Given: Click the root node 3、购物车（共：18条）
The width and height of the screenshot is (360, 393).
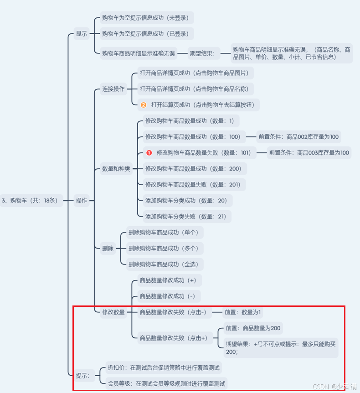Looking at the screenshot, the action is tap(31, 200).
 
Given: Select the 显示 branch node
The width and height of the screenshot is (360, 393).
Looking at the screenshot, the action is tap(82, 34).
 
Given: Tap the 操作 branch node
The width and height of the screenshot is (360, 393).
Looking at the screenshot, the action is tap(82, 200).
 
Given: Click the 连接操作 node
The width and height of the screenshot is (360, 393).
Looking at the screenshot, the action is tap(113, 89).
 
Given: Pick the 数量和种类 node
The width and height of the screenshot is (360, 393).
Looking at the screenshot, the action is tap(116, 169).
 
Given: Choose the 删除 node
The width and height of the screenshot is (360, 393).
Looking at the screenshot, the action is tap(108, 248).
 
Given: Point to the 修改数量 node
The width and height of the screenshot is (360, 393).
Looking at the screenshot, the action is tap(113, 312).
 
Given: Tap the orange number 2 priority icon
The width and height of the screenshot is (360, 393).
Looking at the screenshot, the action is tap(144, 105).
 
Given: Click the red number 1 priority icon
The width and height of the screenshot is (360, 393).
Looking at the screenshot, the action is tap(149, 153).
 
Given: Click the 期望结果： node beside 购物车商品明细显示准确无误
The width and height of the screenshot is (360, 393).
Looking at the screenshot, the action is tap(204, 53).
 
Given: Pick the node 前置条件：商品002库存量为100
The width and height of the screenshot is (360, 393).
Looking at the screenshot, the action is tap(298, 137).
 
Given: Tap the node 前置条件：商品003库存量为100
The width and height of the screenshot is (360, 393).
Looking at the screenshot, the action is tap(309, 153).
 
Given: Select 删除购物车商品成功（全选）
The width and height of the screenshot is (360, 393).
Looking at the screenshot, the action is tap(163, 264).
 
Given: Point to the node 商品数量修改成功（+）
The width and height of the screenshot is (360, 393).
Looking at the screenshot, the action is tap(168, 280).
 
